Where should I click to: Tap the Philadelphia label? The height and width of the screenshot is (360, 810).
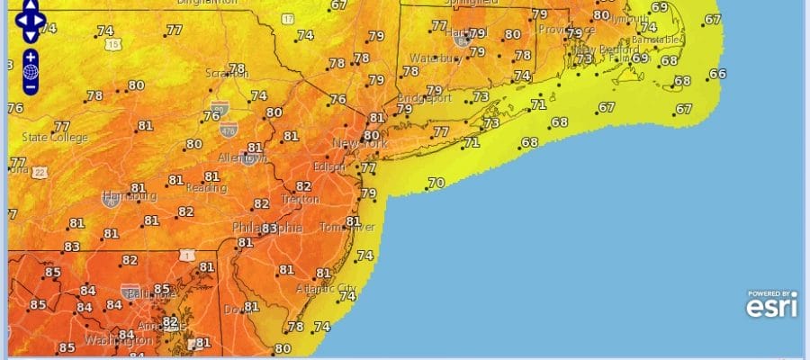pos(267,228)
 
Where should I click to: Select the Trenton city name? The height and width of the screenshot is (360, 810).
pos(299,199)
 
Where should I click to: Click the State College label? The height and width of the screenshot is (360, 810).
pos(55,138)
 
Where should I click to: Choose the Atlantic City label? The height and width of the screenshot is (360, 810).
pos(326,288)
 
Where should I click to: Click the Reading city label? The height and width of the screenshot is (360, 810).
pos(206,188)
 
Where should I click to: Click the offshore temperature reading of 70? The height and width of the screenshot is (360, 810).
pos(436,183)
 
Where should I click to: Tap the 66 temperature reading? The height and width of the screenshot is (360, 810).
pos(717,74)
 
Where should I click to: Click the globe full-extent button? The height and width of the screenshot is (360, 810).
pos(31,71)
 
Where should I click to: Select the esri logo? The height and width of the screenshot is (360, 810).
pos(770,306)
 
